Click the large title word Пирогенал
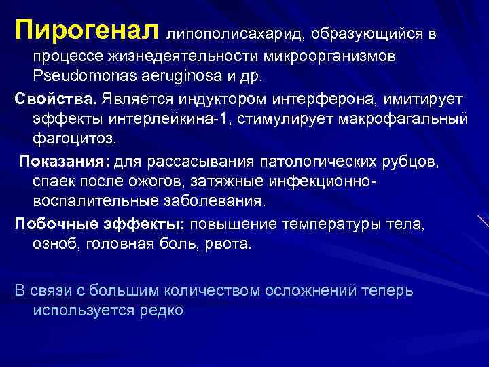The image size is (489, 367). [x=87, y=30]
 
